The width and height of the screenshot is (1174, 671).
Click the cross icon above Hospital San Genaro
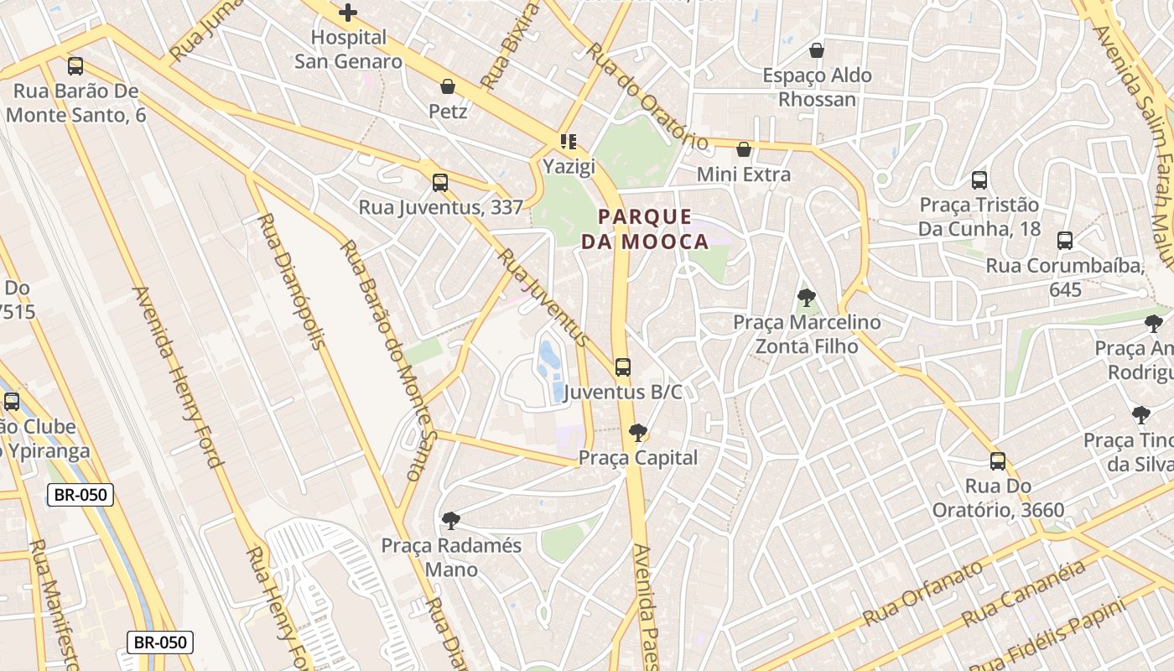[348, 13]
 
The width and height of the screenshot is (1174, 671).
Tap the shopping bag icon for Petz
[448, 86]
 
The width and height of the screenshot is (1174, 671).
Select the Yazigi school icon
[569, 142]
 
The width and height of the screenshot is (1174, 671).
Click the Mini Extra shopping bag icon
[743, 150]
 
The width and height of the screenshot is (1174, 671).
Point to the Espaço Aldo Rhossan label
[817, 87]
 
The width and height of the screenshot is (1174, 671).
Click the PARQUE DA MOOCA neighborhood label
[645, 230]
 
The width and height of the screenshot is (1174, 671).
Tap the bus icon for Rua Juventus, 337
[440, 182]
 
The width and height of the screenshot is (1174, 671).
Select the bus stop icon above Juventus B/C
[622, 367]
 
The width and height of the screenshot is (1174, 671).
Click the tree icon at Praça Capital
[638, 433]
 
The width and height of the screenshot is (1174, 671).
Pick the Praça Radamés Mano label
[451, 558]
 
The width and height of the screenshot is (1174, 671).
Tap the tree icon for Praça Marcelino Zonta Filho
[807, 297]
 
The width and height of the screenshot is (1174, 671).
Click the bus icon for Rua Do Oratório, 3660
[998, 460]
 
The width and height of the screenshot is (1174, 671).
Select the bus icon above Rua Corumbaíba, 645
[1065, 241]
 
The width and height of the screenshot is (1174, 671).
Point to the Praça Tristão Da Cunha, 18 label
[979, 217]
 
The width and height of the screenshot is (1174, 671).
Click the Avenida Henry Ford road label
[177, 377]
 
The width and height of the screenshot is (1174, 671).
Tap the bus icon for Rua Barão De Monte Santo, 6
[75, 66]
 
